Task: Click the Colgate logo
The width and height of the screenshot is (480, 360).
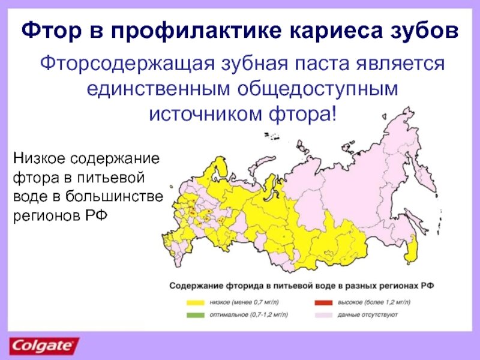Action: [x=43, y=346]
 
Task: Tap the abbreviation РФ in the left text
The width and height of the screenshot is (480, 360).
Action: [x=94, y=215]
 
